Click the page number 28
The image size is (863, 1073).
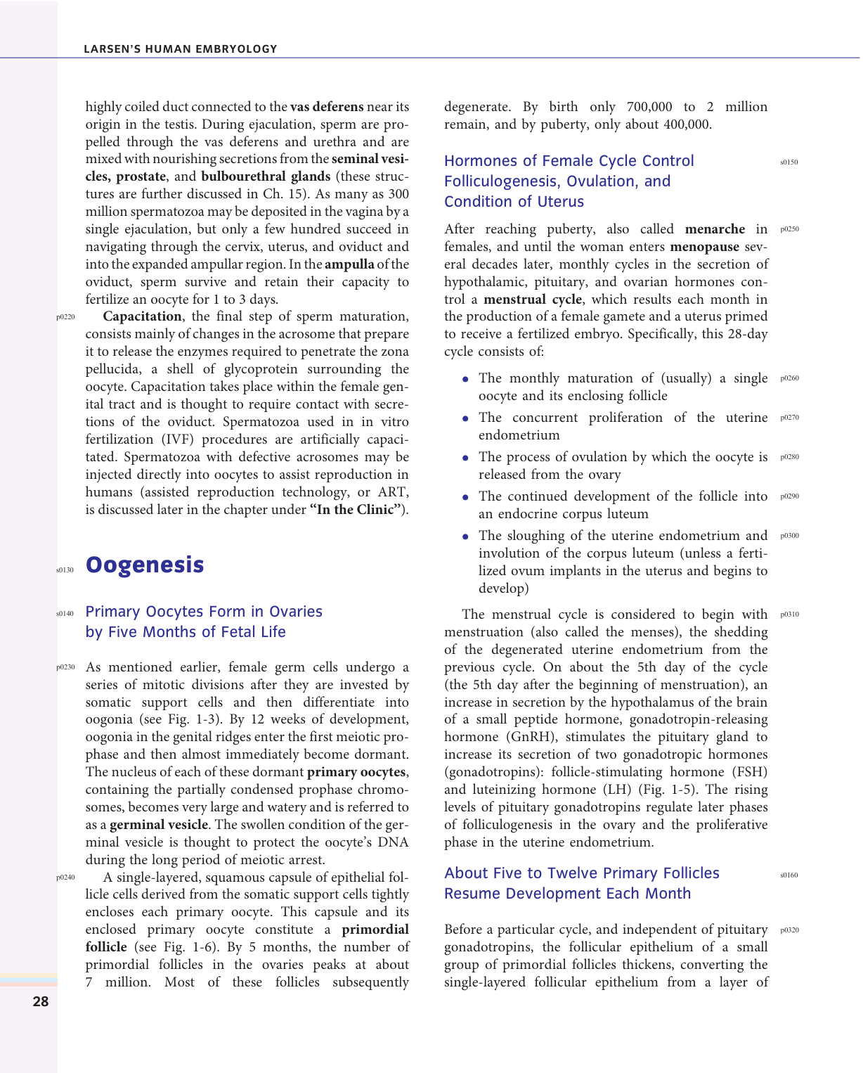click(x=41, y=1001)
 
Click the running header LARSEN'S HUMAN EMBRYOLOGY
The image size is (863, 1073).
click(x=181, y=49)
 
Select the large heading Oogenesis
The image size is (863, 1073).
click(x=145, y=565)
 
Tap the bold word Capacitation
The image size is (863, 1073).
click(x=142, y=316)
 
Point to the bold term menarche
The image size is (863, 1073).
click(x=715, y=229)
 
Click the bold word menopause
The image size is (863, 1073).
click(x=704, y=247)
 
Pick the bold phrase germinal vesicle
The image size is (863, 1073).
click(x=168, y=825)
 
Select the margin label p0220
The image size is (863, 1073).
click(x=65, y=317)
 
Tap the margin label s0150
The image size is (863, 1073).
click(x=789, y=162)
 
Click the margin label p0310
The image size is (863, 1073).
click(x=789, y=615)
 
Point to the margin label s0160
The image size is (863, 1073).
click(x=789, y=875)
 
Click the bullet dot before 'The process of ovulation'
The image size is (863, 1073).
click(x=465, y=458)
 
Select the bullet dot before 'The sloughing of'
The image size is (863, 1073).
click(x=465, y=536)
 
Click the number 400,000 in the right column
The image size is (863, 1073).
click(x=684, y=124)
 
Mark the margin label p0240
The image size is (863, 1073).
click(x=65, y=878)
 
